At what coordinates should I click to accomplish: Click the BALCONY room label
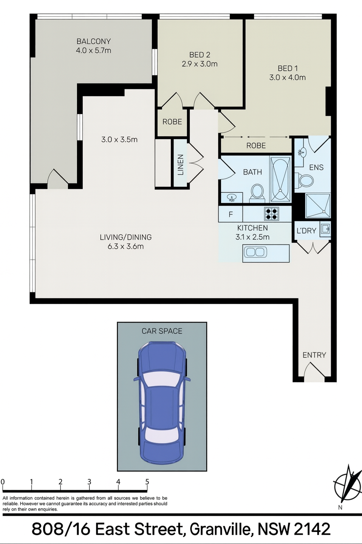94,41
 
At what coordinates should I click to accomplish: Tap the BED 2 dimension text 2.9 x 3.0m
199,64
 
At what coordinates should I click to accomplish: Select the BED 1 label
287,68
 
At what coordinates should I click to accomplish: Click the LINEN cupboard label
181,165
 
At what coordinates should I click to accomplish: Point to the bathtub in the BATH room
281,179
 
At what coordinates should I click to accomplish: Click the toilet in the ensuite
304,181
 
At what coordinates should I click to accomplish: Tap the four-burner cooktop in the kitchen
271,214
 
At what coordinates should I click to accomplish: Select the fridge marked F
230,214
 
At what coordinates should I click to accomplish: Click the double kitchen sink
255,252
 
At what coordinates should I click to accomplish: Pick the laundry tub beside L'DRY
325,228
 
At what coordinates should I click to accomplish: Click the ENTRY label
314,355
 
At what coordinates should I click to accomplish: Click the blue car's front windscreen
162,380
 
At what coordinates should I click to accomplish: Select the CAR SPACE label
162,331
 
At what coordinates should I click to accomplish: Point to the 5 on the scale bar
147,482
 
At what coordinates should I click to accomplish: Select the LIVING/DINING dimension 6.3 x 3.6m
125,246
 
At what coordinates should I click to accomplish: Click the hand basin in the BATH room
232,198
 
